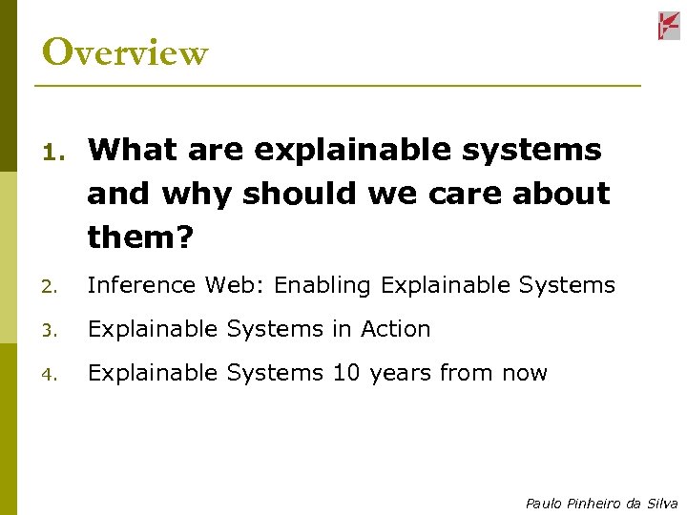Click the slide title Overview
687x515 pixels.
pyautogui.click(x=124, y=52)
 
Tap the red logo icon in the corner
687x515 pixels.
pyautogui.click(x=668, y=26)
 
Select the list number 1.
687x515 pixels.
pyautogui.click(x=53, y=152)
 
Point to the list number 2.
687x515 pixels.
pyautogui.click(x=53, y=286)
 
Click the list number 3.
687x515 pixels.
pyautogui.click(x=53, y=330)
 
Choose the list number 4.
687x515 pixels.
pyautogui.click(x=53, y=374)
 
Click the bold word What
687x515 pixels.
pyautogui.click(x=132, y=150)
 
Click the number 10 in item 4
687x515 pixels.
pyautogui.click(x=345, y=373)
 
